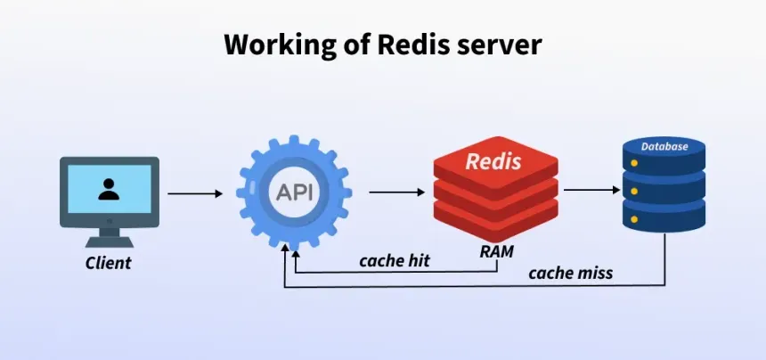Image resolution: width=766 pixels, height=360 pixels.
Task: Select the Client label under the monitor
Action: (x=109, y=263)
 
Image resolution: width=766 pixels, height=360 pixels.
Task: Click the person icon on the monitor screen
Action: (x=109, y=189)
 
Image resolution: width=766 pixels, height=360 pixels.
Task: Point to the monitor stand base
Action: (x=109, y=241)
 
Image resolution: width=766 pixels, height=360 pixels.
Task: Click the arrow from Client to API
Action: (x=195, y=193)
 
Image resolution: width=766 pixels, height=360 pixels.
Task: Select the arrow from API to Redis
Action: (x=396, y=192)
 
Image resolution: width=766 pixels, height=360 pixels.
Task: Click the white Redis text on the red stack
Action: (x=494, y=162)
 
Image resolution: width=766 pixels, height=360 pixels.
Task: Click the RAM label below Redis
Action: (x=496, y=251)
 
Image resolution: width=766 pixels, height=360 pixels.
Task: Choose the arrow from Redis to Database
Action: (x=591, y=190)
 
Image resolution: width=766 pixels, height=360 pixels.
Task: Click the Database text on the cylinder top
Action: (x=664, y=146)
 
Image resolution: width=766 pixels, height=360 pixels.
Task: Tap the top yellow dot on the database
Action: (x=633, y=164)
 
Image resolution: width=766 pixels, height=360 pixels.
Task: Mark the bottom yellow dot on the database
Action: (x=633, y=218)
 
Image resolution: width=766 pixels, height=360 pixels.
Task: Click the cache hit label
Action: (x=395, y=261)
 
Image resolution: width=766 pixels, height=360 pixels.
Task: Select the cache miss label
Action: (x=570, y=273)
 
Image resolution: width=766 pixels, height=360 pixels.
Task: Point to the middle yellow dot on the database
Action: (x=633, y=191)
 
